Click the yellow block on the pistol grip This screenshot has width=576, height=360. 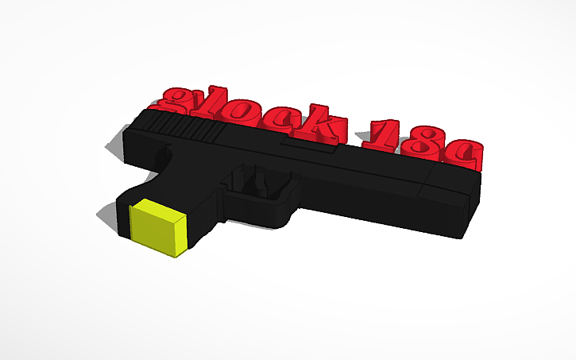pyautogui.click(x=159, y=229)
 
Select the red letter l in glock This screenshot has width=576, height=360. pyautogui.click(x=218, y=106)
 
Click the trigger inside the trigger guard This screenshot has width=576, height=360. pyautogui.click(x=259, y=183)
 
